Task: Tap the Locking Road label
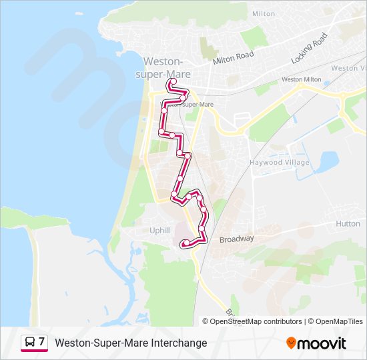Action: pos(310,49)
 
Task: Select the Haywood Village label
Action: pos(280,163)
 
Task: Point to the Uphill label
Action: pos(160,230)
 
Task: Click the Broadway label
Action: pos(237,239)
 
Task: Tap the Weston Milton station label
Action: pos(301,79)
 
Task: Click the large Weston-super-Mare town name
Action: pos(164,66)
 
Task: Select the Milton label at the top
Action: pos(264,13)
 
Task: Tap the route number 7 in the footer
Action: pos(42,342)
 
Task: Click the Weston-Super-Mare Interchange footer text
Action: pos(131,343)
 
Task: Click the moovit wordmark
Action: pos(322,343)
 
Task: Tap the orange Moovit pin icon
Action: pos(291,343)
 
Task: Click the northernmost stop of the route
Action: pos(173,83)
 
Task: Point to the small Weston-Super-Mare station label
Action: pos(191,105)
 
